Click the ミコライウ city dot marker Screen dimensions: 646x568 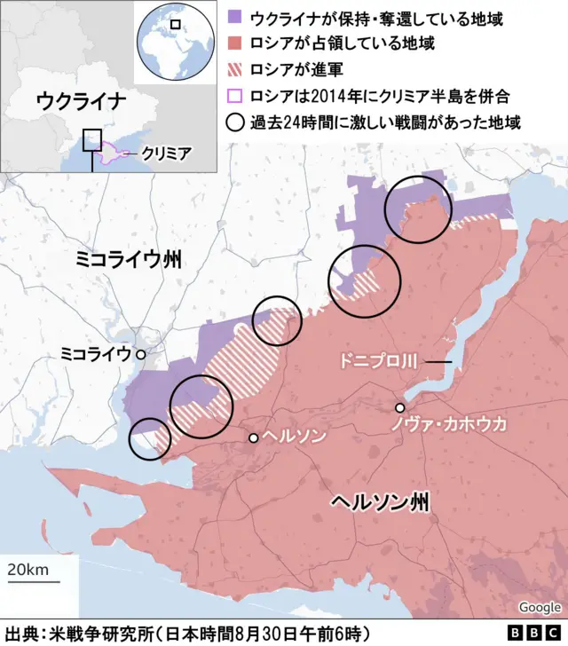pyautogui.click(x=140, y=353)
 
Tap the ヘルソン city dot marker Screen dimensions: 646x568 pyautogui.click(x=254, y=437)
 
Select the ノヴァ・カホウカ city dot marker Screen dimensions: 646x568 pyautogui.click(x=400, y=408)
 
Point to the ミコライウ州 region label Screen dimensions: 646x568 pyautogui.click(x=129, y=259)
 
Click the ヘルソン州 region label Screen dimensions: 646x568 pyautogui.click(x=380, y=503)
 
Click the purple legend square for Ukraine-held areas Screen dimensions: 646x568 pyautogui.click(x=236, y=17)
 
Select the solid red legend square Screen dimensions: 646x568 pyautogui.click(x=236, y=43)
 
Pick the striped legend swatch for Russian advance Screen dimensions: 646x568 pyautogui.click(x=236, y=69)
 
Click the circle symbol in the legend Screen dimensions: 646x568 pyautogui.click(x=236, y=122)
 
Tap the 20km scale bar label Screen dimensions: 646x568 pyautogui.click(x=28, y=569)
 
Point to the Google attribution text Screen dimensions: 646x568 pyautogui.click(x=540, y=608)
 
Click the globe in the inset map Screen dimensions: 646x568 pyautogui.click(x=175, y=42)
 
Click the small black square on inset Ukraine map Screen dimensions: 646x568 pyautogui.click(x=92, y=141)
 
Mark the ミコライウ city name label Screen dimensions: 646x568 pyautogui.click(x=95, y=353)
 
